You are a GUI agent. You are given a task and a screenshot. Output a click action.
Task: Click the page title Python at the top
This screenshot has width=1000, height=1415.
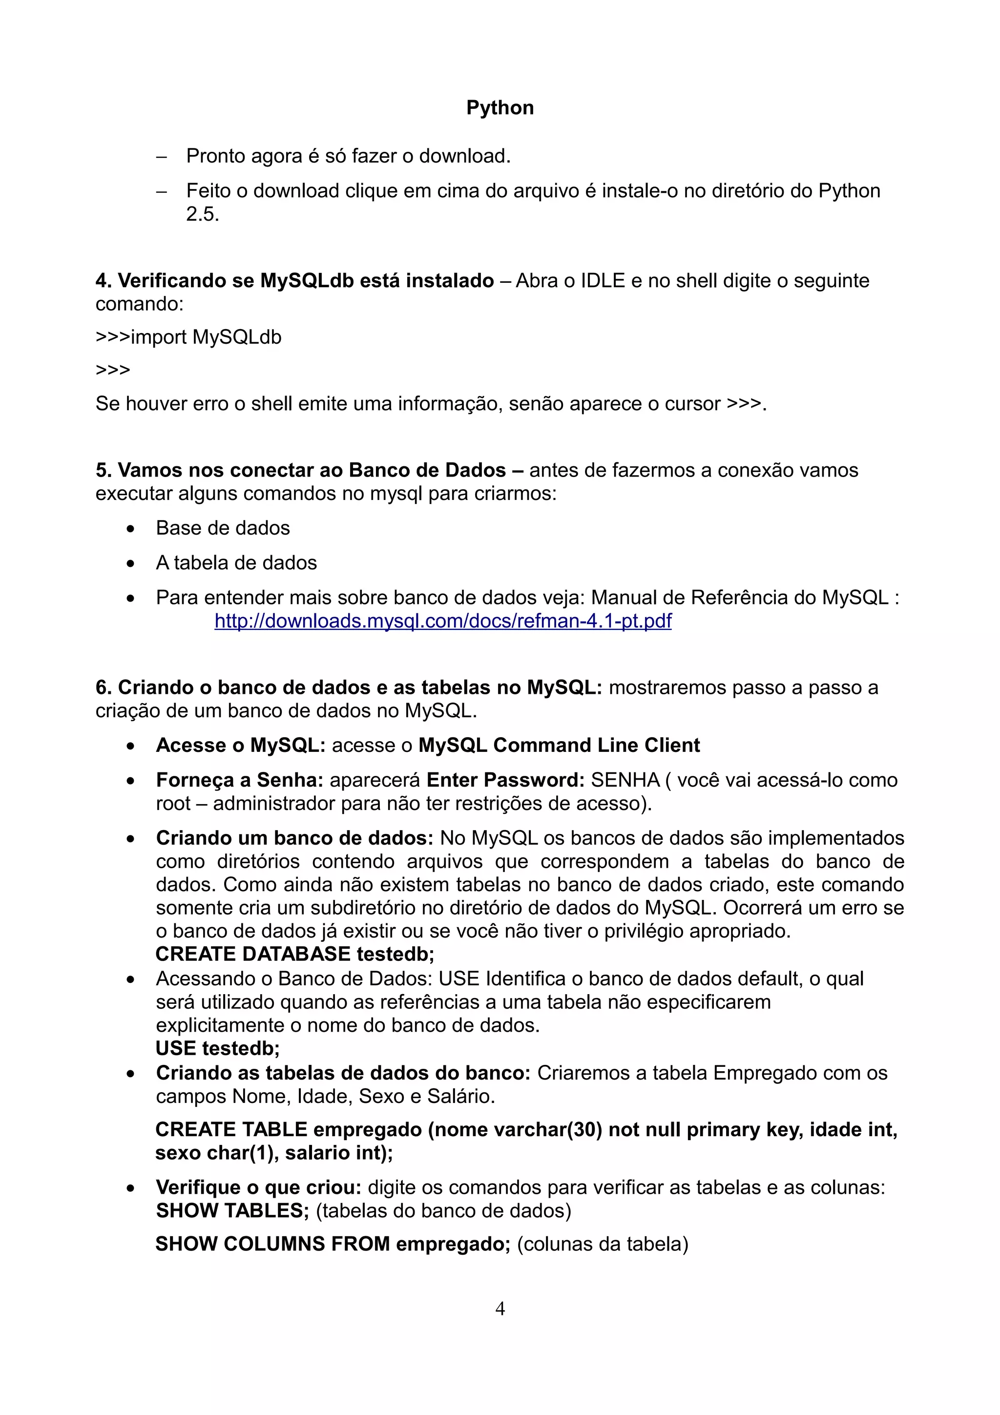tap(500, 108)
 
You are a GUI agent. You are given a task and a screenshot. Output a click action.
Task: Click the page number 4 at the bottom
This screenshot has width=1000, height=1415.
tap(500, 1309)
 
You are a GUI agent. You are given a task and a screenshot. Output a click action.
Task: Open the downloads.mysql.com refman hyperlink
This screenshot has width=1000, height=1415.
tap(442, 621)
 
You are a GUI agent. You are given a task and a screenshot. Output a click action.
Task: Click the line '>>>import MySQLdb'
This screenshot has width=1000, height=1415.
tap(188, 337)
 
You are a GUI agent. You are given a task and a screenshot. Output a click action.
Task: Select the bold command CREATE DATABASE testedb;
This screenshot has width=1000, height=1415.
tap(294, 954)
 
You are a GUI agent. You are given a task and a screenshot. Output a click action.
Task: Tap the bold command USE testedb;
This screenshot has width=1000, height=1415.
tap(217, 1048)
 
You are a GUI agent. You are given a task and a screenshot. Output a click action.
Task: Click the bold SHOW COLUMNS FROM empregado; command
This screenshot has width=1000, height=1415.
tap(333, 1244)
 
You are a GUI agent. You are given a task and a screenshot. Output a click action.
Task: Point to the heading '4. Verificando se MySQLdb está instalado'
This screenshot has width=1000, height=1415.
tap(294, 281)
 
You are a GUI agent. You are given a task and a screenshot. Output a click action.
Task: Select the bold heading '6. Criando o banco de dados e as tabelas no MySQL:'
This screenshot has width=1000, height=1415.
tap(348, 688)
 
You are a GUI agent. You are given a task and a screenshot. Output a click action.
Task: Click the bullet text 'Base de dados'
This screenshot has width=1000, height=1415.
tap(223, 528)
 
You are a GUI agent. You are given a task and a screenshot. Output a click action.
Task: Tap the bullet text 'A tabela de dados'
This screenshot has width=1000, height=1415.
tap(236, 562)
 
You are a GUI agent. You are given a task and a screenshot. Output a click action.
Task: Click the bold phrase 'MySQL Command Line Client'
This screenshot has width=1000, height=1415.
tap(559, 746)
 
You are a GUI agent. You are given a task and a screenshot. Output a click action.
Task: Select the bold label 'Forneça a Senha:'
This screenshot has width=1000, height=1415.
tap(240, 780)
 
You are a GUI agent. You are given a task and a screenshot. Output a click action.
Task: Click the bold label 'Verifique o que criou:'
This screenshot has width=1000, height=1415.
tap(258, 1187)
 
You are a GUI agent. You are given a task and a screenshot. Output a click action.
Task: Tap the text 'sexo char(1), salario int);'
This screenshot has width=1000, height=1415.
tap(274, 1152)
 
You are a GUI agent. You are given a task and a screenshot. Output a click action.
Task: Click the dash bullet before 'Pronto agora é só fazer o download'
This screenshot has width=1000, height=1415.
tap(162, 157)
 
